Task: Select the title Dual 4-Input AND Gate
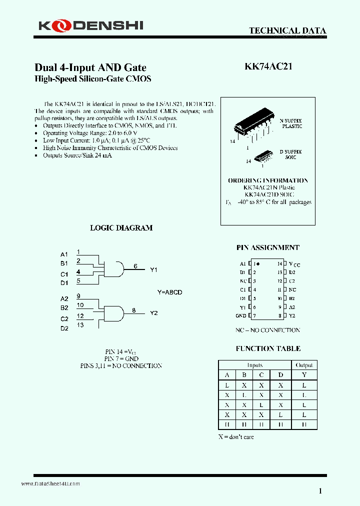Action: tap(90, 67)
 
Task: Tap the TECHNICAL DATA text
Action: tap(287, 31)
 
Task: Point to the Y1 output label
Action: tap(153, 269)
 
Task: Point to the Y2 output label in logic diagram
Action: tap(153, 313)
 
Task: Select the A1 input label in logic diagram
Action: tap(64, 254)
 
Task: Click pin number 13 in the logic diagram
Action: tap(80, 325)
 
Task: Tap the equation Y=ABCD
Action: tap(169, 292)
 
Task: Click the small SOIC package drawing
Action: tap(263, 156)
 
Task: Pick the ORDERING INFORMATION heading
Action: tap(268, 180)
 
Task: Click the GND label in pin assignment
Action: tap(240, 316)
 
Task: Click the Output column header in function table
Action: tap(304, 365)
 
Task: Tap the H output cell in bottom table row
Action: tap(304, 424)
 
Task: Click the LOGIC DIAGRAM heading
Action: tap(121, 227)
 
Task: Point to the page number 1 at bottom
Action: tap(320, 491)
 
